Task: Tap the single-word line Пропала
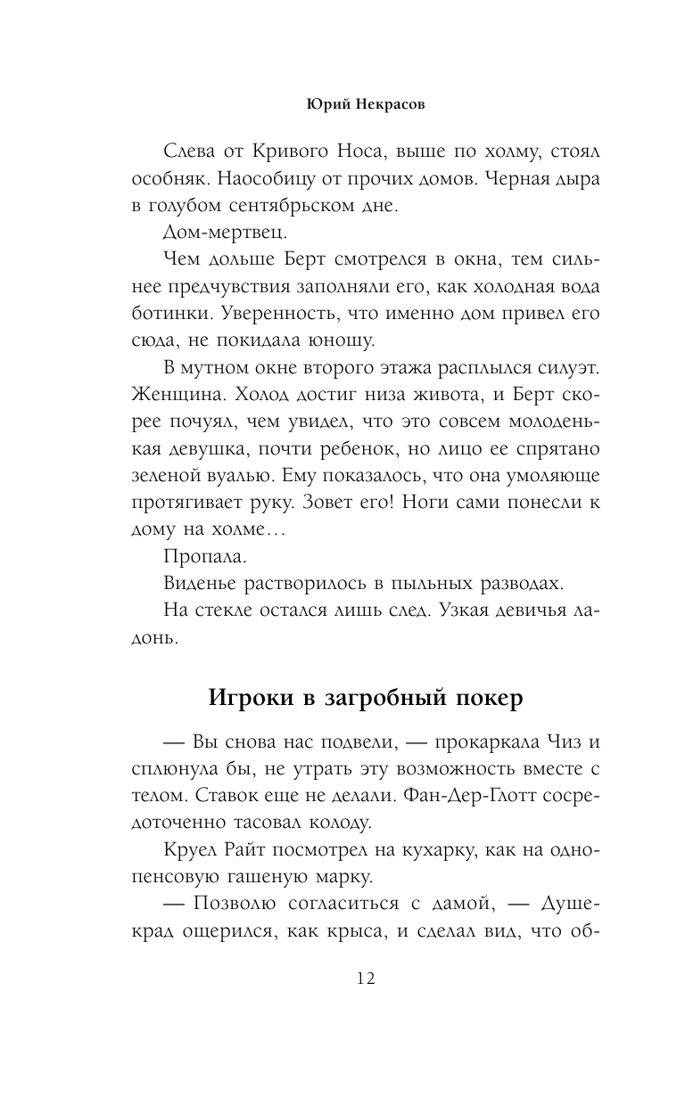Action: click(x=198, y=558)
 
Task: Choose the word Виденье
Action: click(x=198, y=585)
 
